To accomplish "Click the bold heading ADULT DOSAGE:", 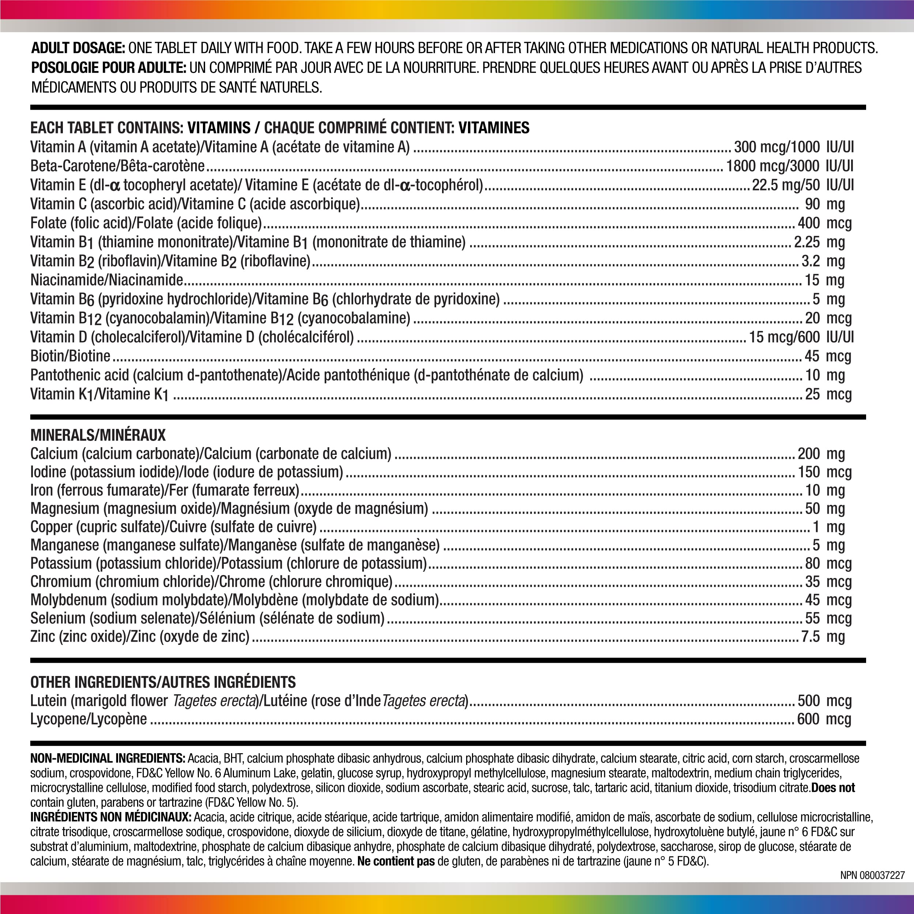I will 78,48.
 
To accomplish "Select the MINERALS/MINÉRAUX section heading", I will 98,435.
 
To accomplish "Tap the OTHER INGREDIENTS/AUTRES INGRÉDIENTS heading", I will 163,682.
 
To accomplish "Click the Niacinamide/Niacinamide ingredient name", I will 106,280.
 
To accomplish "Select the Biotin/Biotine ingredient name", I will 70,356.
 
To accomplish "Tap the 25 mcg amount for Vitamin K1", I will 828,394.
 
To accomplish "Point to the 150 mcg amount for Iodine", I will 824,472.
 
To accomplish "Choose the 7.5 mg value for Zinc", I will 823,636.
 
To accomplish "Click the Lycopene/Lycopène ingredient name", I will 88,719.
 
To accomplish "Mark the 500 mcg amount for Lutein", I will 824,700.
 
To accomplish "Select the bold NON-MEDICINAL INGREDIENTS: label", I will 107,758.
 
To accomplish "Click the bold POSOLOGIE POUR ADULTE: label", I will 108,68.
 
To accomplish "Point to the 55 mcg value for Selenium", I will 828,618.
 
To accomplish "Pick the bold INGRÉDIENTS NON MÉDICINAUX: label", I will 111,817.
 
